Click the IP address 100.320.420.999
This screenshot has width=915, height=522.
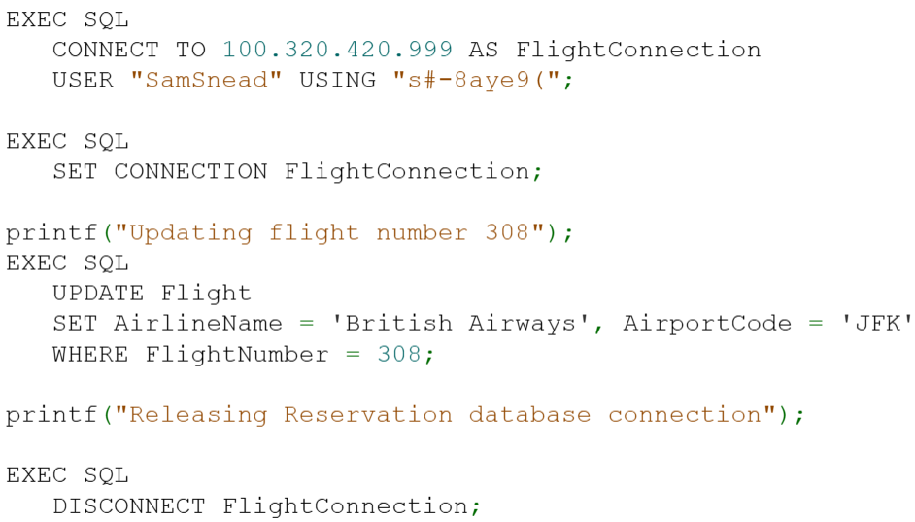(x=338, y=50)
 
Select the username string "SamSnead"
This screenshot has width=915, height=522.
(x=206, y=80)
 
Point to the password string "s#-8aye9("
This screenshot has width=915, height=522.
(x=477, y=80)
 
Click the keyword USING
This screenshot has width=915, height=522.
(x=337, y=80)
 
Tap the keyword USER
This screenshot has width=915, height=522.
(x=83, y=80)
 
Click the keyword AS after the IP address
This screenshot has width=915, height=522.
(x=484, y=50)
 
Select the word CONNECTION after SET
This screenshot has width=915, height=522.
(x=190, y=171)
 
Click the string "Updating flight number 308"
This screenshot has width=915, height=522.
(x=330, y=232)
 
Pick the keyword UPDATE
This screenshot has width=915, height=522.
(x=98, y=293)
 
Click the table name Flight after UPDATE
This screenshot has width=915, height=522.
(x=206, y=293)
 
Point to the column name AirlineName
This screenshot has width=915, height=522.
(x=198, y=323)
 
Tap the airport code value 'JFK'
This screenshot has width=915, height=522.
(x=877, y=323)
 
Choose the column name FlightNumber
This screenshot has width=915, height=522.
(x=237, y=354)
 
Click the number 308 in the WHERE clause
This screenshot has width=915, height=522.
(x=398, y=354)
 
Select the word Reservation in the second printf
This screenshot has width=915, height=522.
(x=368, y=415)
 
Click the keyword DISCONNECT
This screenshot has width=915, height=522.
(x=129, y=506)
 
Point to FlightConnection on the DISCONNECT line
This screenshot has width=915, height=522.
(x=346, y=506)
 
